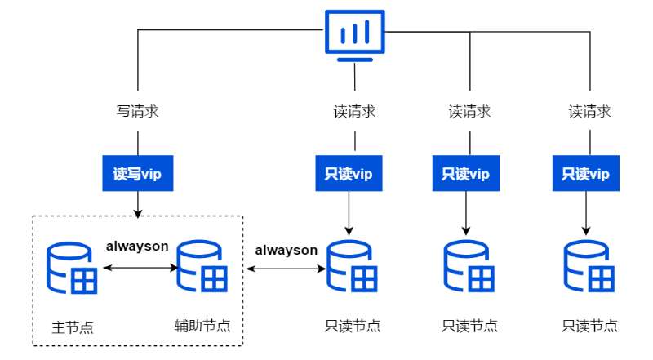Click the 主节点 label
[x=73, y=327]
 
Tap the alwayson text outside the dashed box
[x=286, y=250]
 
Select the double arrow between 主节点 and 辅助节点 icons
[x=137, y=267]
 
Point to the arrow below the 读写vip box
[x=137, y=204]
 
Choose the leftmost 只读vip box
[x=349, y=173]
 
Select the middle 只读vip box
[x=466, y=173]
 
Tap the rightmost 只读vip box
[x=586, y=173]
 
